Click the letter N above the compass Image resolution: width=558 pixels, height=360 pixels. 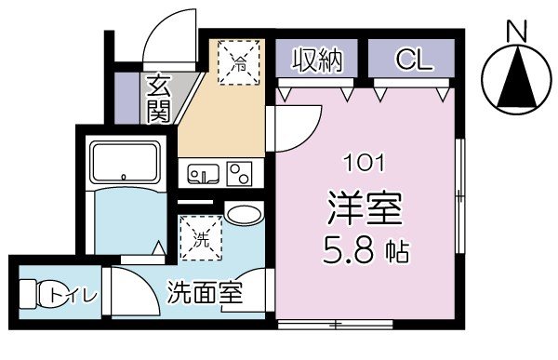[514, 31]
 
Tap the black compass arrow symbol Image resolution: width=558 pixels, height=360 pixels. [514, 80]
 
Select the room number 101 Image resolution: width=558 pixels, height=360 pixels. [365, 165]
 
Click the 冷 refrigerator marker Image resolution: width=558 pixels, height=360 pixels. [239, 65]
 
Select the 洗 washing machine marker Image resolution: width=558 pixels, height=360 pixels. [202, 238]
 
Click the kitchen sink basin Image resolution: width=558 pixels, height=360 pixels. [203, 174]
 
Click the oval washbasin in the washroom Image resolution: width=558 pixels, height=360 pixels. [244, 214]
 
